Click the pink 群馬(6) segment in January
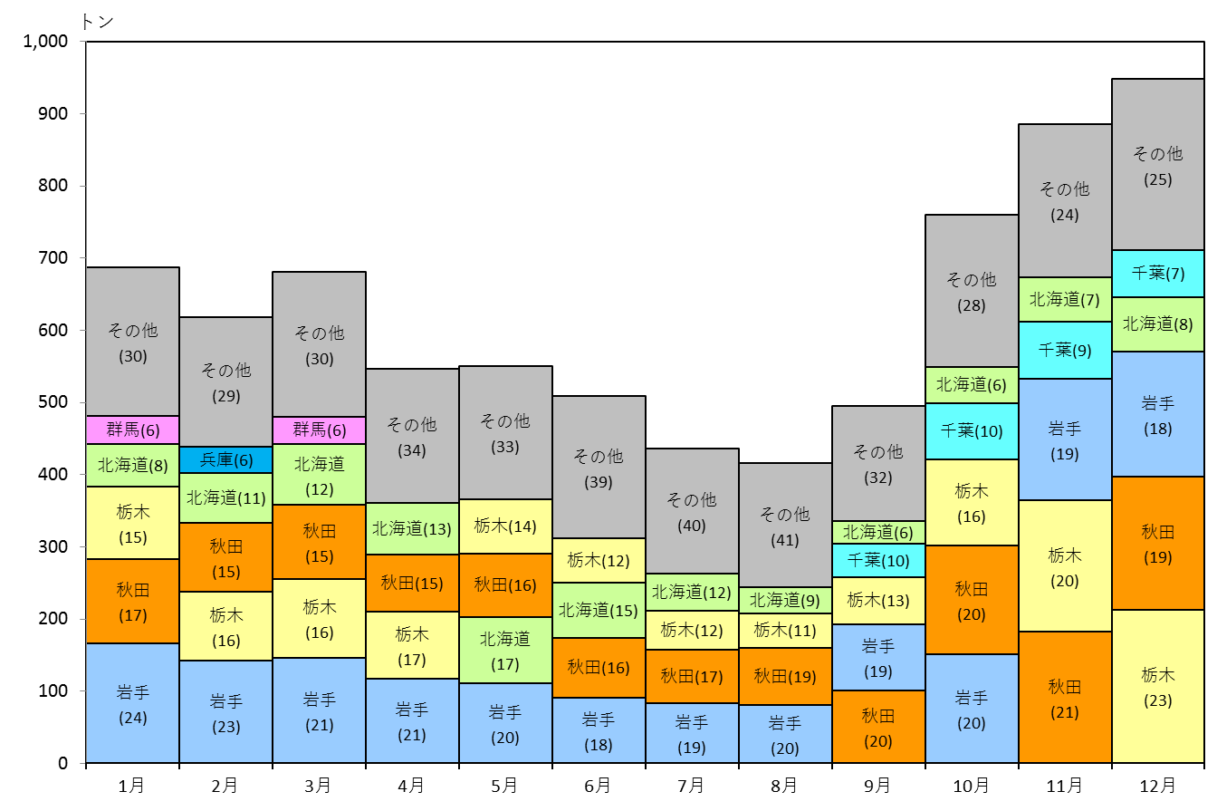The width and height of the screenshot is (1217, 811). point(132,430)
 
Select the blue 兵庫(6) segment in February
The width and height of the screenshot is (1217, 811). point(226,459)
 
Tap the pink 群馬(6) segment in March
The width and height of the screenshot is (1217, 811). point(319,430)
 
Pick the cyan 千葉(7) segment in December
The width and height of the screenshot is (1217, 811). point(1158,274)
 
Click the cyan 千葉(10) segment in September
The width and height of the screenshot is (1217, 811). point(878,560)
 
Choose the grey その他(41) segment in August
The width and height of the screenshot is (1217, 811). point(785,525)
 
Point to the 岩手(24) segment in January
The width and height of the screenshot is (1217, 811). point(132,703)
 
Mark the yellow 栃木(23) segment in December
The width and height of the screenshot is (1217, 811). point(1158,686)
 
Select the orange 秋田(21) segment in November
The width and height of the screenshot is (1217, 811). point(1064,697)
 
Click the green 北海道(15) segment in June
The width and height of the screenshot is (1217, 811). point(599,611)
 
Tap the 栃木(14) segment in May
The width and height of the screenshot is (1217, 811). point(505,526)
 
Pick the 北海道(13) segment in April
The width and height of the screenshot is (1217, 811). point(412,529)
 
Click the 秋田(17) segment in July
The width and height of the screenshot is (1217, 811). point(692,676)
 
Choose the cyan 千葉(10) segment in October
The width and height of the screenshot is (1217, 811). point(972,431)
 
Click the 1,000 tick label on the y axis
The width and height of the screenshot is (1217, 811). point(45,42)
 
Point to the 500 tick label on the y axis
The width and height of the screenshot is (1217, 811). point(53,402)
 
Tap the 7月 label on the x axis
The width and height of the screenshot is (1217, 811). point(691,786)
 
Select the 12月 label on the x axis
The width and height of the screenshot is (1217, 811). point(1157,786)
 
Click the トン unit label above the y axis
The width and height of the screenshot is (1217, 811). point(97,22)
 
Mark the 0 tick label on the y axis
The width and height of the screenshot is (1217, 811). point(63,763)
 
